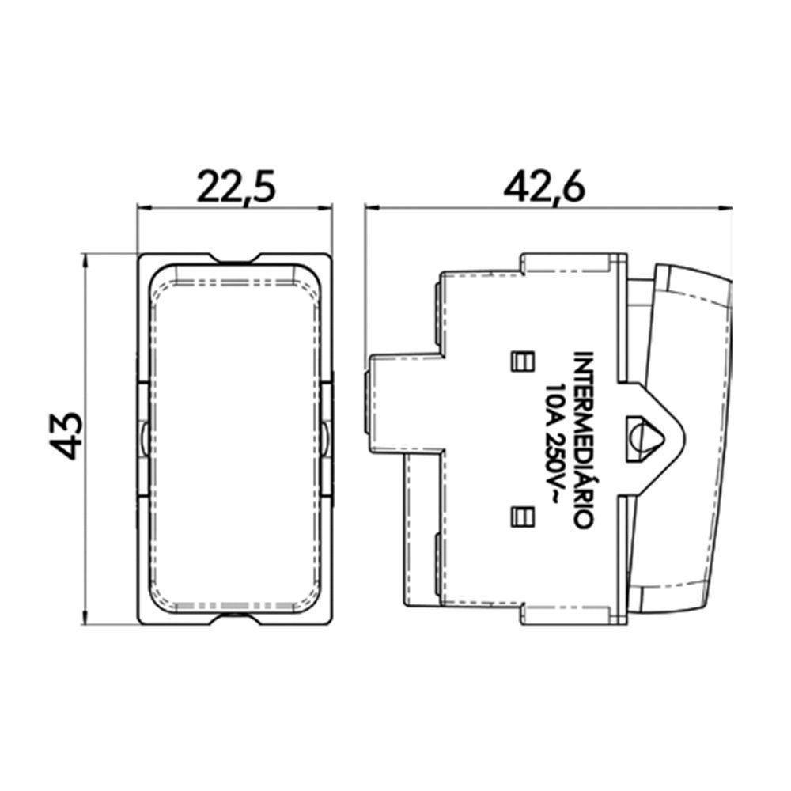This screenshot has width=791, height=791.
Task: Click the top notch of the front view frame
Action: click(x=235, y=259)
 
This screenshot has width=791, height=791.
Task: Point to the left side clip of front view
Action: click(x=142, y=434)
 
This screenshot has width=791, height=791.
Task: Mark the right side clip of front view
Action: click(x=327, y=434)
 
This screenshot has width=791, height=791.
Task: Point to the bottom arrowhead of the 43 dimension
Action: click(x=85, y=615)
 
